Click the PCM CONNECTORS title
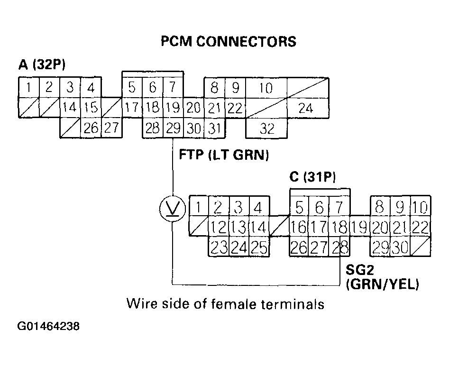click(x=229, y=42)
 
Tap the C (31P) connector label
click(x=312, y=178)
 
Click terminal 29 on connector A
click(x=173, y=128)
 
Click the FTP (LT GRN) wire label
click(x=224, y=155)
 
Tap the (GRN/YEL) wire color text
click(x=383, y=284)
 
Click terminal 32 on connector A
click(x=267, y=128)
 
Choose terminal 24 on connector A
click(x=306, y=108)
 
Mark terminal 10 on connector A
click(x=266, y=88)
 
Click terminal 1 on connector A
click(x=29, y=87)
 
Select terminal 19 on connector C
click(x=360, y=228)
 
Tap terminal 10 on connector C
click(x=421, y=207)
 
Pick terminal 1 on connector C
click(x=199, y=207)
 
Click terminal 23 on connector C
click(x=219, y=247)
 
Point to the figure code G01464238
click(x=48, y=327)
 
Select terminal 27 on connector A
click(x=111, y=128)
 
